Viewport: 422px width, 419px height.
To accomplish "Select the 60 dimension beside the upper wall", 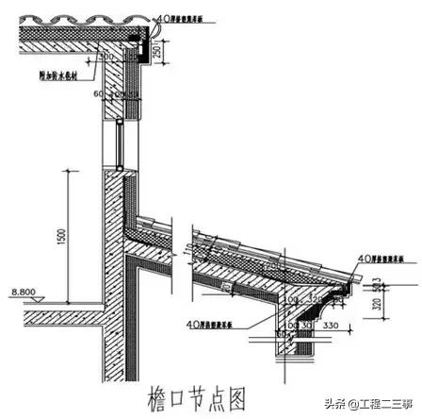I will [98, 93].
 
